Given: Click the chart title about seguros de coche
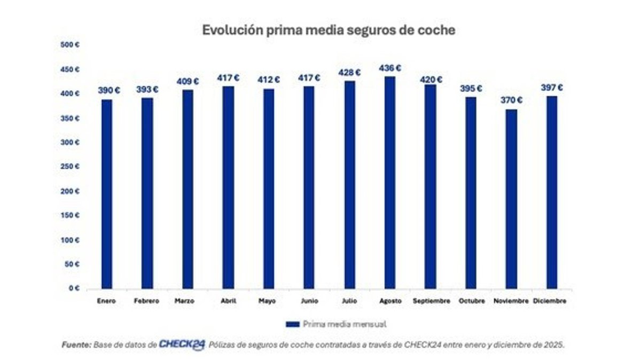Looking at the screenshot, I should (x=329, y=30).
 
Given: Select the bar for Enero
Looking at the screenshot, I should (x=107, y=194).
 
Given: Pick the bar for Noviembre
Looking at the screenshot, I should (x=511, y=199).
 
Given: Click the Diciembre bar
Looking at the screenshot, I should (x=552, y=192).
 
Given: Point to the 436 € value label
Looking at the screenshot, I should (x=390, y=68).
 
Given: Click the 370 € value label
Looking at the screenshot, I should (x=511, y=100).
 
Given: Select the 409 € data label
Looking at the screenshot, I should (x=188, y=82).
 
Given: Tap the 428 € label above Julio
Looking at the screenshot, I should (x=349, y=73).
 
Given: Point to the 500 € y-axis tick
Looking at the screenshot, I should (x=71, y=45).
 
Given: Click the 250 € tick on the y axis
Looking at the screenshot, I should (x=71, y=167).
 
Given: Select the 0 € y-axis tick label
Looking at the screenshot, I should (x=74, y=288).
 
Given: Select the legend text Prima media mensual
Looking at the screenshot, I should (x=345, y=324).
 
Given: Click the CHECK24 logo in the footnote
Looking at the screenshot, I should (x=182, y=345).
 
